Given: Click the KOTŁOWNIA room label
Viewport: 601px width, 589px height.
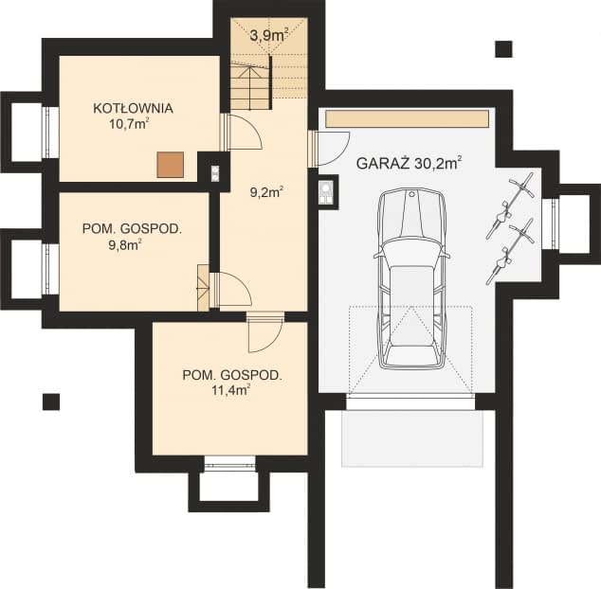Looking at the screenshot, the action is coord(133,108).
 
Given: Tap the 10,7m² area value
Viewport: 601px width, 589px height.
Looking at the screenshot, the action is coord(129,124).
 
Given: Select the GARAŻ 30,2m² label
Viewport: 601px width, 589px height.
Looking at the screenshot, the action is coord(409,163).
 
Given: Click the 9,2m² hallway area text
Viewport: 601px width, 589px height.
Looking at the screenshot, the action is coord(266,192).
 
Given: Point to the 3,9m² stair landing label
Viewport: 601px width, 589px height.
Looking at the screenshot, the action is coord(268,35).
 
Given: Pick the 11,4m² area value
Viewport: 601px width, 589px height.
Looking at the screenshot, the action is coord(231,390).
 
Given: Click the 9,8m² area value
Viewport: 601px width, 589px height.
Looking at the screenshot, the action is coord(125,244).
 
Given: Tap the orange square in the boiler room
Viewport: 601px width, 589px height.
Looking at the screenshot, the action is coord(170,165).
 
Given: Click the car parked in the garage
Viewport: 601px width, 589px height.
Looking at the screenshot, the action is coord(412,278).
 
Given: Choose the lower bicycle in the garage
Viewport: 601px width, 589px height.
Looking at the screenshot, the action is coord(511,251).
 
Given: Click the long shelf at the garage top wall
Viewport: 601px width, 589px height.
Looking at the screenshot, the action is coord(408,118).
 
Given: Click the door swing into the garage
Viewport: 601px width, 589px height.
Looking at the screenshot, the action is coord(334,149).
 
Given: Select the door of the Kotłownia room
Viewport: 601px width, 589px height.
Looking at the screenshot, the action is coord(245,132).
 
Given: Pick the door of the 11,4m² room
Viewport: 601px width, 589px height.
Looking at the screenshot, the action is coord(264,334).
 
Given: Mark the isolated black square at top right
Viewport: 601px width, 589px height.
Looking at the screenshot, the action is coord(503,49).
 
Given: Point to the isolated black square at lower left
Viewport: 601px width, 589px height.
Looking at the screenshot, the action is coord(51,402).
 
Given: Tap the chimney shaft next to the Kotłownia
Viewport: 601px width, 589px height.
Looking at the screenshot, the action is coord(215,173).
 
